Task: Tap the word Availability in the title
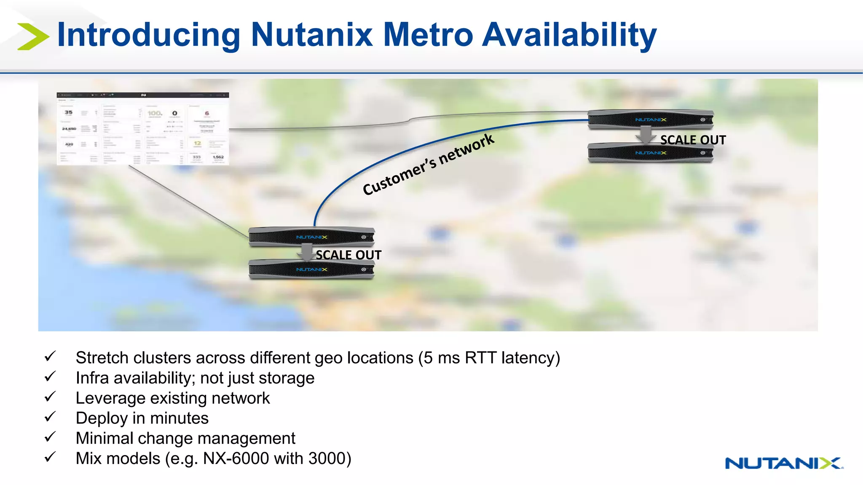(569, 35)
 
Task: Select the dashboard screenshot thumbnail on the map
(143, 129)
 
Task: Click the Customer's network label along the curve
(428, 164)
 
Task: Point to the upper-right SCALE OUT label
(693, 140)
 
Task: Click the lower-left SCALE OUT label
(348, 255)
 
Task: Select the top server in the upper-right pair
(650, 119)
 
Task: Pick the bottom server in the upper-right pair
(650, 153)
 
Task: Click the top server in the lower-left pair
(311, 237)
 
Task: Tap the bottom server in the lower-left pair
(311, 269)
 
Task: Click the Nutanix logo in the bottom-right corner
(784, 463)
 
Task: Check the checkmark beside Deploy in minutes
(50, 417)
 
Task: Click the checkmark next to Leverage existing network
(50, 397)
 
